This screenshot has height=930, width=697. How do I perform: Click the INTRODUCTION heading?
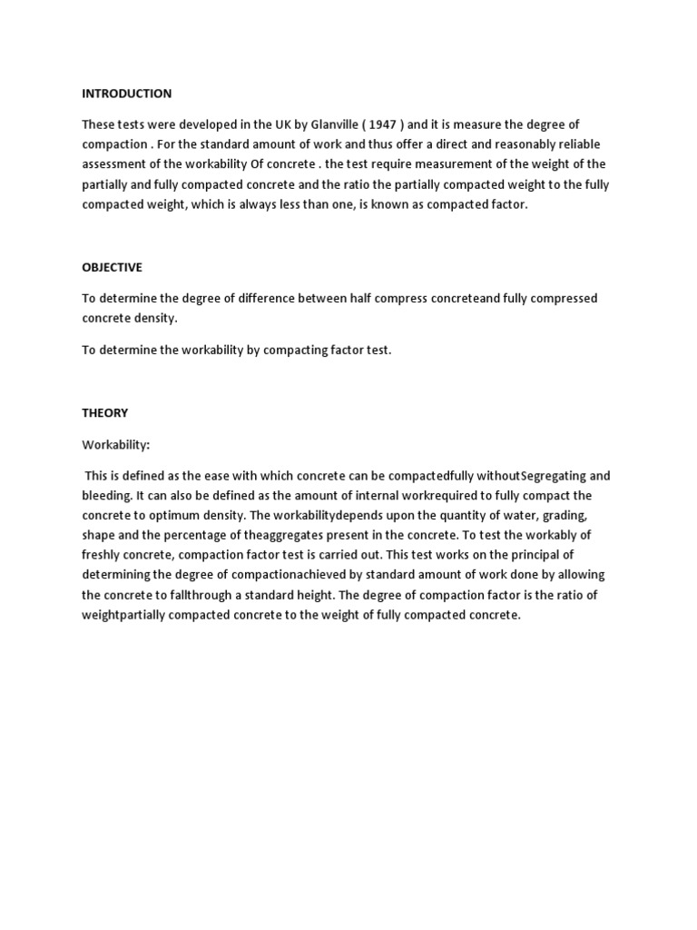pyautogui.click(x=126, y=94)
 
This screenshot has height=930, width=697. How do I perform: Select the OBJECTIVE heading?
pyautogui.click(x=112, y=267)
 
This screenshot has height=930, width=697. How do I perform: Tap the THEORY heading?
pyautogui.click(x=105, y=413)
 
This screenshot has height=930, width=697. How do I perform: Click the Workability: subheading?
pyautogui.click(x=116, y=445)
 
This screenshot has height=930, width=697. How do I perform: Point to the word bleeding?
pyautogui.click(x=107, y=496)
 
